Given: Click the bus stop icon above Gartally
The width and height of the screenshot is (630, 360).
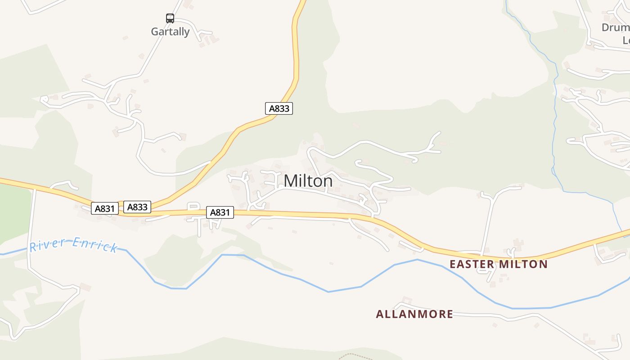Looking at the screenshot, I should tap(170, 18).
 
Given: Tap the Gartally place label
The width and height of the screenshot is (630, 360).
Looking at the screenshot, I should tap(170, 32).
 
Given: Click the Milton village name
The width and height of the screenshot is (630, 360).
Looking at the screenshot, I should tap(308, 181).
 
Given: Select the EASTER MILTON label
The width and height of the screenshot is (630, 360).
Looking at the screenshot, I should tap(499, 264).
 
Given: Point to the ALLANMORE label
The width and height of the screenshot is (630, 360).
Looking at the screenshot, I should tap(414, 314).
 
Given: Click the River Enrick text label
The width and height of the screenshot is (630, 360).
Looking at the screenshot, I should tap(73, 246).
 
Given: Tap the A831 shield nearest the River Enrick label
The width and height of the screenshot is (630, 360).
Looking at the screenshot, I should tap(105, 208).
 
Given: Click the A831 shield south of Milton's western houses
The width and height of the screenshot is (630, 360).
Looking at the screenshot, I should tap(220, 212).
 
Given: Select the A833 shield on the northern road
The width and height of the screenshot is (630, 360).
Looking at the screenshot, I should tap(279, 108).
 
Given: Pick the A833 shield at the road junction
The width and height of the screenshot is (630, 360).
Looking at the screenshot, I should tap(137, 207).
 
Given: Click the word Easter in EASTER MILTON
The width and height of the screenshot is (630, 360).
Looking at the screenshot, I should tap(472, 264).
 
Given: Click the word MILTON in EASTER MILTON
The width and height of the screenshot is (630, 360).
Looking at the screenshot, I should tap(523, 264).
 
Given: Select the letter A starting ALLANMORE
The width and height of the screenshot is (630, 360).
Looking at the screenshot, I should tap(379, 314).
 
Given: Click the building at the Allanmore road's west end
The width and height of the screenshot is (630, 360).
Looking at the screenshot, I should tap(406, 300).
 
